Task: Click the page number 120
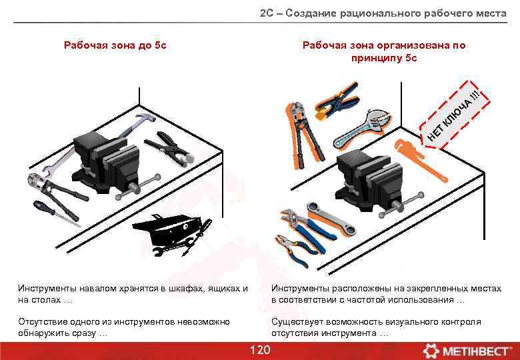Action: point(259,351)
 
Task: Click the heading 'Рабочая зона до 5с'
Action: point(115,45)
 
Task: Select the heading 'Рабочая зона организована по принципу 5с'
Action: point(384,51)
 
